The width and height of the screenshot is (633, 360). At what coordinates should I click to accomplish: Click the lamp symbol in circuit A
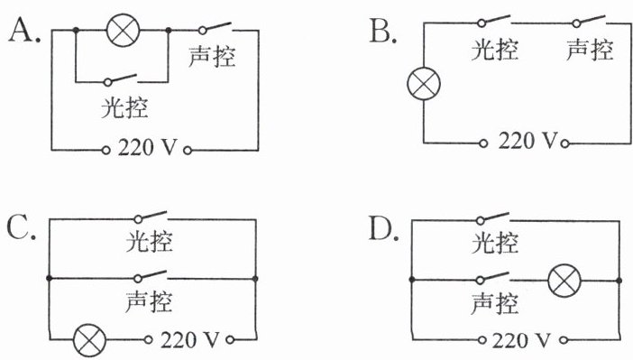(124, 31)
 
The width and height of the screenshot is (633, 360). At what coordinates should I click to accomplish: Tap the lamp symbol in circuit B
(424, 84)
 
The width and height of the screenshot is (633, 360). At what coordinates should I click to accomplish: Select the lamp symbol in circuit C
(89, 340)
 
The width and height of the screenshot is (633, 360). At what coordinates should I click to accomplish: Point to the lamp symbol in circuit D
(564, 281)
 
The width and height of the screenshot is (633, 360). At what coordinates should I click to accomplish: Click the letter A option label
(24, 31)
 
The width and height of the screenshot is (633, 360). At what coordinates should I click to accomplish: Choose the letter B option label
(382, 32)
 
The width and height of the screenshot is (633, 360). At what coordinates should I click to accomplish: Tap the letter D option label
(383, 228)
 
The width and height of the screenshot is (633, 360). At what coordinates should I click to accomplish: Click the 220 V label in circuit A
(147, 147)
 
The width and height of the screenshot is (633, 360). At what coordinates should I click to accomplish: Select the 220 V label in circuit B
(527, 141)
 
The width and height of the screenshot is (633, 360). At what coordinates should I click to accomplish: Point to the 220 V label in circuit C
(190, 340)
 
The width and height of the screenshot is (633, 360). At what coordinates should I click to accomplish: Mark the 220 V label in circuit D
(521, 340)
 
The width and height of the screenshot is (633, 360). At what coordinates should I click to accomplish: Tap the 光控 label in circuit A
(124, 107)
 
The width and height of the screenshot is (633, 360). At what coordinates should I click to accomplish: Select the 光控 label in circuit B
(495, 50)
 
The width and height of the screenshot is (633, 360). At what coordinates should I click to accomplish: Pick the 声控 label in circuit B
(591, 50)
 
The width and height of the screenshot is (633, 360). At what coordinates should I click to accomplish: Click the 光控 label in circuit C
(150, 242)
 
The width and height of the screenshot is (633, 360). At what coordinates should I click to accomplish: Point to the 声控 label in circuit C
(149, 301)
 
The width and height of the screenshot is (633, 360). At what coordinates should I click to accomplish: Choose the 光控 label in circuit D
(495, 244)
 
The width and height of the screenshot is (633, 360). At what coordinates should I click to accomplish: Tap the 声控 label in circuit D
(495, 303)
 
